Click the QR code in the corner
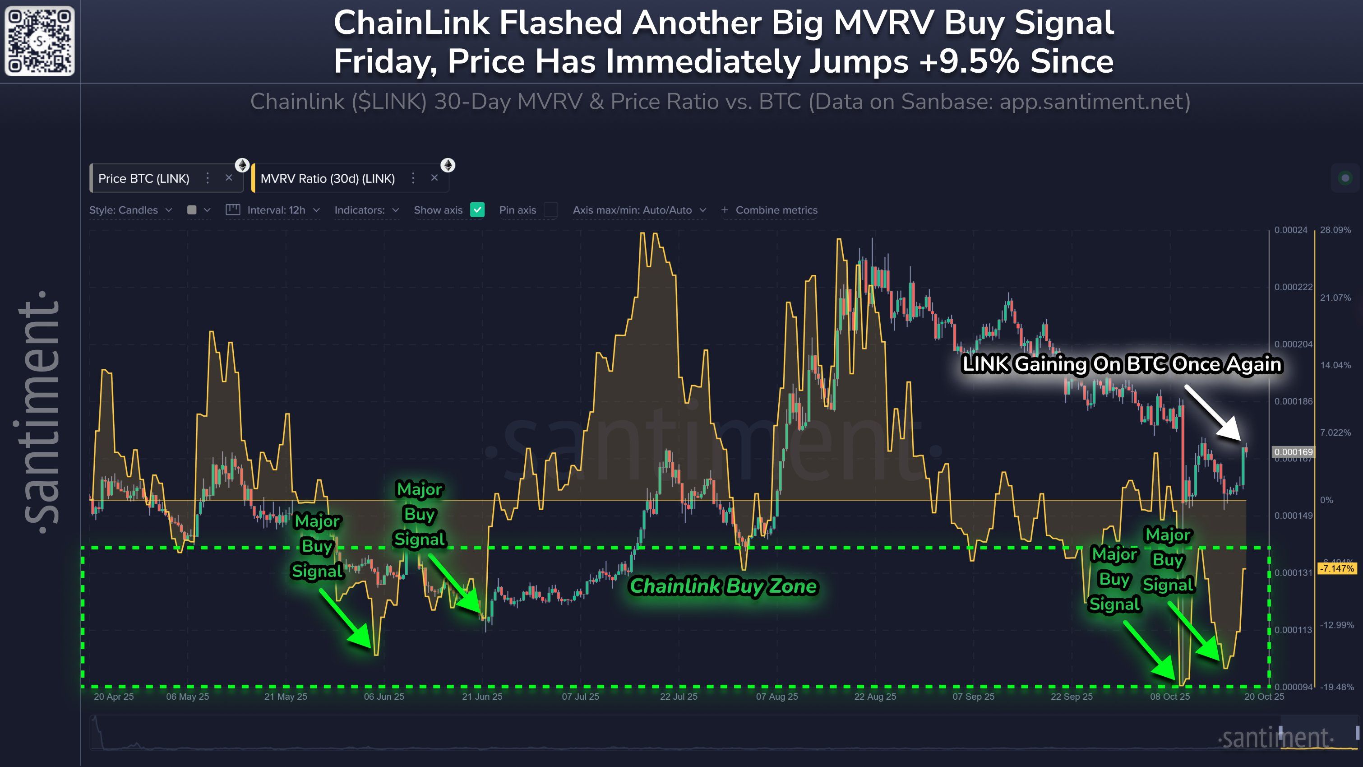(40, 41)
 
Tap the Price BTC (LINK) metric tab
(143, 178)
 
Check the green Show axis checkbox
(477, 209)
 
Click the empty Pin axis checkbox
(551, 209)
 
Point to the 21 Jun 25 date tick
(482, 697)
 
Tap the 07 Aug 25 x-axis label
(777, 697)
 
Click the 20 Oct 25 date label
(1264, 697)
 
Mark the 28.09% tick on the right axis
(1335, 230)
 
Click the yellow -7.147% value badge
(1336, 568)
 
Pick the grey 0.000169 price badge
(1293, 451)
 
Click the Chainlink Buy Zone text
(723, 586)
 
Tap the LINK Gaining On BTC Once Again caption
(1122, 364)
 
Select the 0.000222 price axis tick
(1293, 287)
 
